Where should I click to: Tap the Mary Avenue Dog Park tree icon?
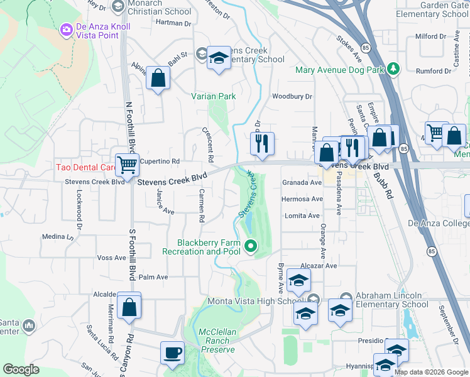point(394,69)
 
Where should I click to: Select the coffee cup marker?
point(172,352)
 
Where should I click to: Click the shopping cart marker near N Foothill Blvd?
point(128,165)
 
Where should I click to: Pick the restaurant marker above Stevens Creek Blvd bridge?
point(262,143)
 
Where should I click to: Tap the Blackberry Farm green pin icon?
point(251,246)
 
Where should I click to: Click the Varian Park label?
point(214,96)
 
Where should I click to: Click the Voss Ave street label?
point(112,258)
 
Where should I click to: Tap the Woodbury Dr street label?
point(292,96)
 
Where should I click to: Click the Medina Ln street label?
point(58,237)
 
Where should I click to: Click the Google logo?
point(21,369)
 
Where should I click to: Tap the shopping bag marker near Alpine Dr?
point(158,79)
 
